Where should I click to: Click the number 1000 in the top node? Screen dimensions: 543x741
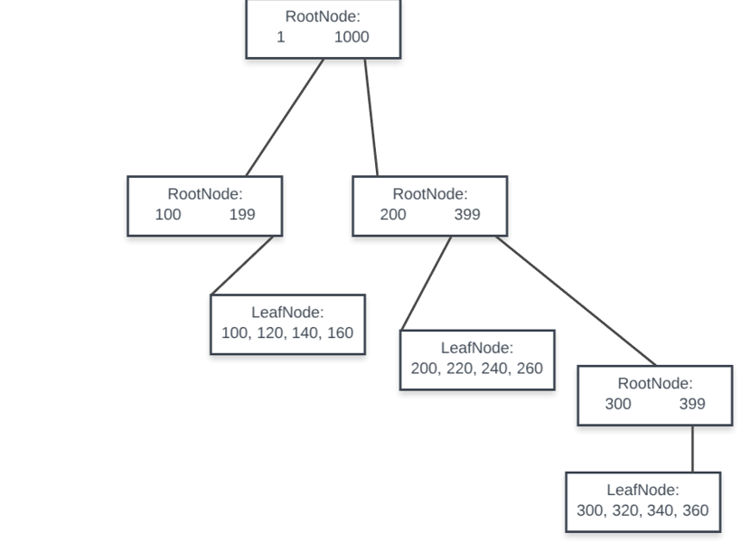[352, 37]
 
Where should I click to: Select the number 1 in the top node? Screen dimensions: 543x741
[281, 37]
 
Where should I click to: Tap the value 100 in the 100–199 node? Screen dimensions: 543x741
[168, 214]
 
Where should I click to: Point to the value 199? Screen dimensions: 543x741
[242, 214]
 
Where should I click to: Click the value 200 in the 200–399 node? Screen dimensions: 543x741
[393, 214]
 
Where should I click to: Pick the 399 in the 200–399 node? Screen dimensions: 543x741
[467, 214]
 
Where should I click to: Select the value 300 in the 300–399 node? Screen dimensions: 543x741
[618, 404]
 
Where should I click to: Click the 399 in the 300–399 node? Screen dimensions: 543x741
[692, 404]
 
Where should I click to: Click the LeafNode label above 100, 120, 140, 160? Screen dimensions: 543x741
[287, 313]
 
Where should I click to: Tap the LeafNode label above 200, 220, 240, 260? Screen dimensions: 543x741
[477, 348]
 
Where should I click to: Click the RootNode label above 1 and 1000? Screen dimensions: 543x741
[323, 16]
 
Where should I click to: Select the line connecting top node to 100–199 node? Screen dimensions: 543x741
[285, 117]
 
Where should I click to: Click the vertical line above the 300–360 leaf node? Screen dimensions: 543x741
[693, 448]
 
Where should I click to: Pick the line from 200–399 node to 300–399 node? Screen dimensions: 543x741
[576, 300]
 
